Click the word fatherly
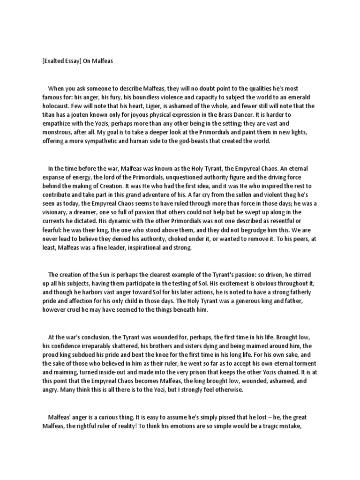(300, 293)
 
